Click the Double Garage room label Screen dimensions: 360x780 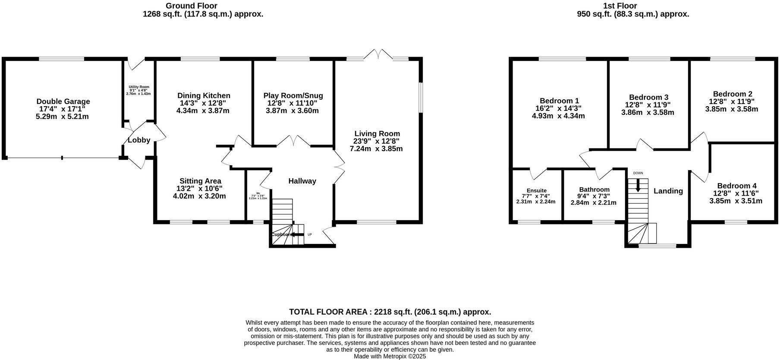[63, 101]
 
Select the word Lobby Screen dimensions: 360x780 [139, 140]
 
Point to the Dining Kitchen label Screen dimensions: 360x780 [204, 95]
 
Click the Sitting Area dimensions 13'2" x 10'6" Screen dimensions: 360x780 [200, 188]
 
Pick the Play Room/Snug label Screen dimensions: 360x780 [293, 95]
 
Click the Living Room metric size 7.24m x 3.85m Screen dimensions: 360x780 [376, 149]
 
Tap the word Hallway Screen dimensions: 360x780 [302, 181]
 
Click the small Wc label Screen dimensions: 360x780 [258, 193]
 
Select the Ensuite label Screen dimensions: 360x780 [536, 190]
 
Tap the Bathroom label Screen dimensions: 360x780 [594, 189]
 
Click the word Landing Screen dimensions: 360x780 [668, 191]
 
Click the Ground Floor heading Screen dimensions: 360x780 [192, 6]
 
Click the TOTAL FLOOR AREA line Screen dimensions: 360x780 [390, 312]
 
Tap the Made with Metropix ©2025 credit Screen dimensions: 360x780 [390, 356]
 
